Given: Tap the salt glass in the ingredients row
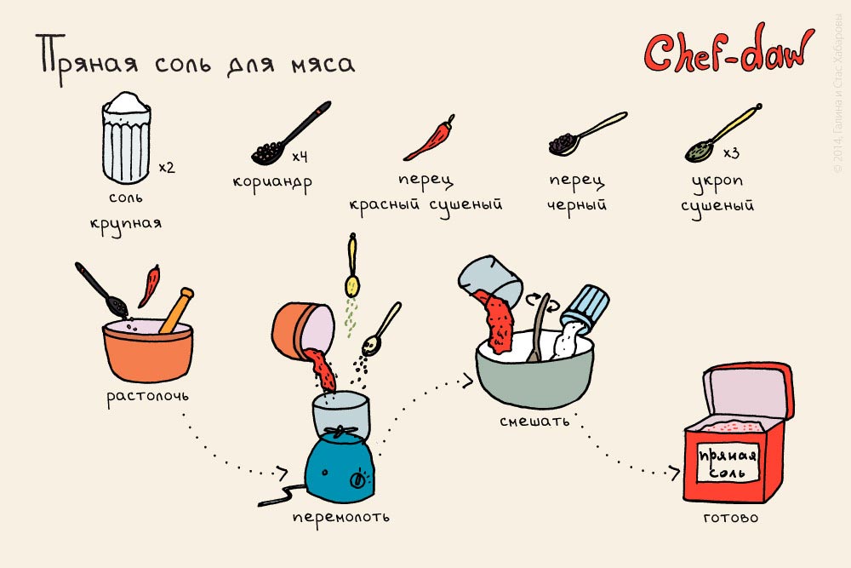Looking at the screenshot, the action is click(127, 138).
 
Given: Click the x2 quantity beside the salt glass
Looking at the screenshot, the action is click(167, 167).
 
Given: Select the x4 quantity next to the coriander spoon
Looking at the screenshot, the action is click(300, 157).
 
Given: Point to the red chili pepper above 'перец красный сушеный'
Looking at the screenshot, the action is click(430, 139).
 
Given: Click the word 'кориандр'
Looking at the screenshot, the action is click(272, 181).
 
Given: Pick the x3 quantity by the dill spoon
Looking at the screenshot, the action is click(731, 153).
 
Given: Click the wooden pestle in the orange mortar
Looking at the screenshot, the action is click(177, 310).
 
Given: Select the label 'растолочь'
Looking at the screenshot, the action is click(147, 396).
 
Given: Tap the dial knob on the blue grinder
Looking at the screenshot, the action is click(357, 479).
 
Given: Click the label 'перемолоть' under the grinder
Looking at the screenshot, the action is click(341, 516).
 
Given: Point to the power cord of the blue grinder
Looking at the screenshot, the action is click(283, 494).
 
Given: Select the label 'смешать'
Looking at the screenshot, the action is click(534, 421).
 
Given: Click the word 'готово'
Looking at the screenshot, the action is click(730, 517).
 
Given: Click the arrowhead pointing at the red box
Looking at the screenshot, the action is click(674, 472).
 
